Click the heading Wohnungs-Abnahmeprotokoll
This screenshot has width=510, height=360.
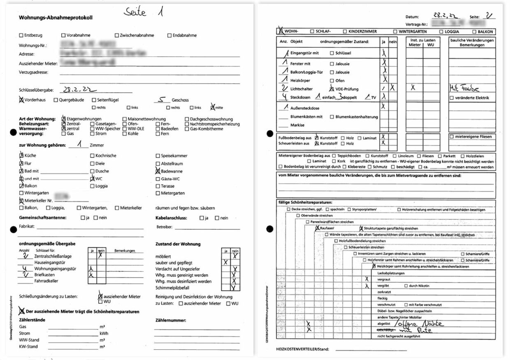[x=56, y=18]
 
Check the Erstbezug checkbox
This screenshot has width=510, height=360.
[x=21, y=35]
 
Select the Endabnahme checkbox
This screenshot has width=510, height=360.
[x=169, y=35]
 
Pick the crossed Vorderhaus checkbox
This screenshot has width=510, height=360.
[x=21, y=99]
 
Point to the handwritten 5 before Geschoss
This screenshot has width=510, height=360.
[x=162, y=99]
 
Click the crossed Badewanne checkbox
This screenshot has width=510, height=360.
[x=158, y=171]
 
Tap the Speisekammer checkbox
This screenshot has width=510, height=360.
[x=158, y=156]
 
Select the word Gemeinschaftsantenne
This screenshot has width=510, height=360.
[x=43, y=218]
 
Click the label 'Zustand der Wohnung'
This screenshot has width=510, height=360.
[x=178, y=244]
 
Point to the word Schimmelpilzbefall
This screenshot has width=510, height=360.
[x=174, y=288]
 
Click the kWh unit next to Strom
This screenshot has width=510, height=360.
[x=104, y=333]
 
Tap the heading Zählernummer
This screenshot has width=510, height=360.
[x=171, y=320]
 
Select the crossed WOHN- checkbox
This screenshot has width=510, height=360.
[x=281, y=31]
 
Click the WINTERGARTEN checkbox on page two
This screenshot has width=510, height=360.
[x=395, y=31]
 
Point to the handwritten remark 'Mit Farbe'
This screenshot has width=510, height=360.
[x=464, y=89]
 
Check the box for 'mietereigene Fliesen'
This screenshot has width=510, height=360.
[x=452, y=136]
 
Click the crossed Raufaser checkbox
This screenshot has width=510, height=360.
[x=317, y=228]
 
